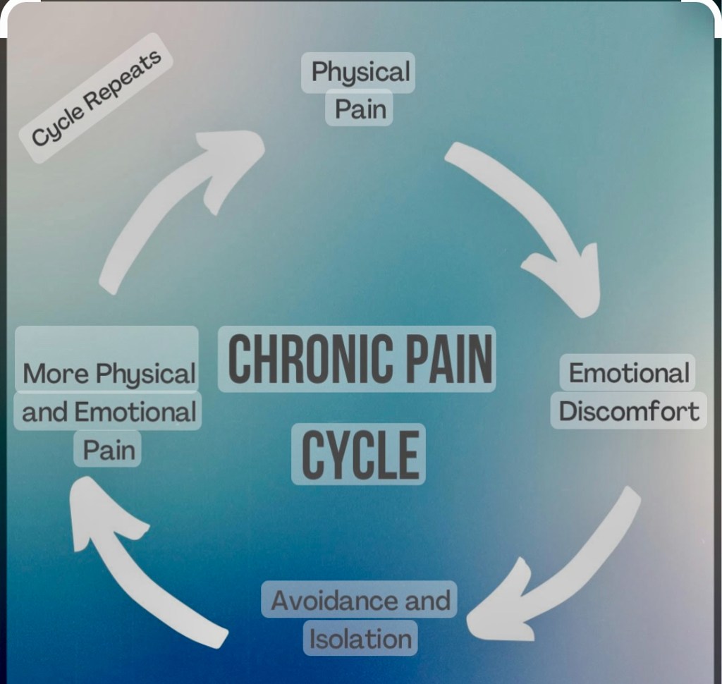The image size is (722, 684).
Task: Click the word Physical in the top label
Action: (x=360, y=73)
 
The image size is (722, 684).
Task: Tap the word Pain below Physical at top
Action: (x=360, y=109)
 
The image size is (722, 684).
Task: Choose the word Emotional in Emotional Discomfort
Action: (x=628, y=372)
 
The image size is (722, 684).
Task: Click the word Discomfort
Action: (x=628, y=411)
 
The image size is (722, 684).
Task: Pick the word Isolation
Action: (x=360, y=639)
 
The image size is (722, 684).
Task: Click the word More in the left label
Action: (x=57, y=374)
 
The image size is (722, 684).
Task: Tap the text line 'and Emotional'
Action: (x=108, y=412)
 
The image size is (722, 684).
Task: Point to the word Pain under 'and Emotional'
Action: (x=109, y=450)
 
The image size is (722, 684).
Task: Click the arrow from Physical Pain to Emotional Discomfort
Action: (x=536, y=219)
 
